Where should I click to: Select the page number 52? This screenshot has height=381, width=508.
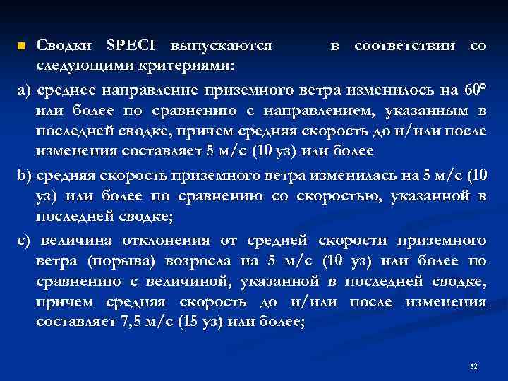click(473, 366)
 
